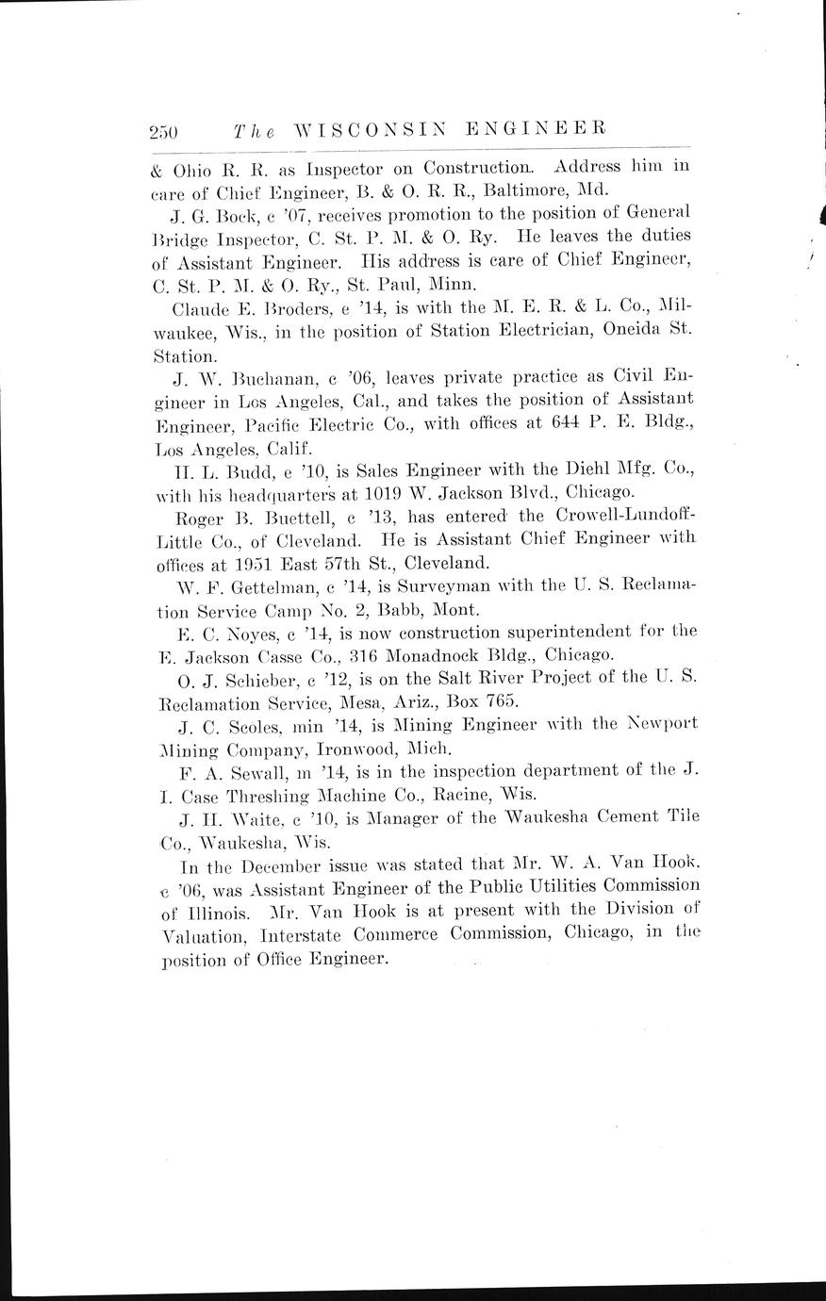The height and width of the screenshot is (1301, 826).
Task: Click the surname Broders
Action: click(x=267, y=307)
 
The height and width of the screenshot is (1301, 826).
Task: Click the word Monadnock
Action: click(x=421, y=654)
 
